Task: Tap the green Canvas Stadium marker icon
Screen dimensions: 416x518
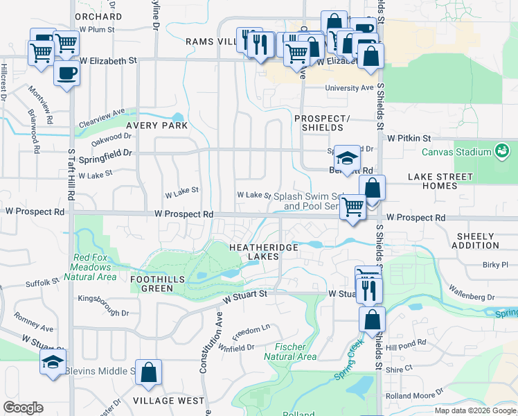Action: point(502,150)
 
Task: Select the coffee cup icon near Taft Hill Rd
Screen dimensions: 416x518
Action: point(66,73)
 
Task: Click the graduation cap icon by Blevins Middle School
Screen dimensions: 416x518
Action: point(52,363)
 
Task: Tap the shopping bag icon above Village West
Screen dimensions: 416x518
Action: point(148,373)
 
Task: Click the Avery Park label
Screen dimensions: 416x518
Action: point(157,126)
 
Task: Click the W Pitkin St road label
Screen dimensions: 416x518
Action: point(409,139)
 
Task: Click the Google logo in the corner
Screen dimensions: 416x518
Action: point(24,408)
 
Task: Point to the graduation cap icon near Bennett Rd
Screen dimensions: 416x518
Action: point(347,157)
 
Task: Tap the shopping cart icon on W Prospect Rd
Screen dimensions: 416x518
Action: point(353,206)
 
